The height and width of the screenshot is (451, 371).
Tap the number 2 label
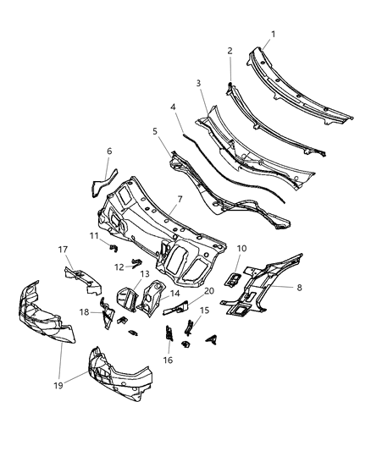(x=229, y=52)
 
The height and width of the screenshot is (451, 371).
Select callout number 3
(x=198, y=83)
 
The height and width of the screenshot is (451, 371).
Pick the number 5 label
(x=155, y=131)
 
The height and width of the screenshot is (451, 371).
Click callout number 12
(x=119, y=267)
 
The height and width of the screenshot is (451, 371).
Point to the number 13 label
(x=145, y=274)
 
